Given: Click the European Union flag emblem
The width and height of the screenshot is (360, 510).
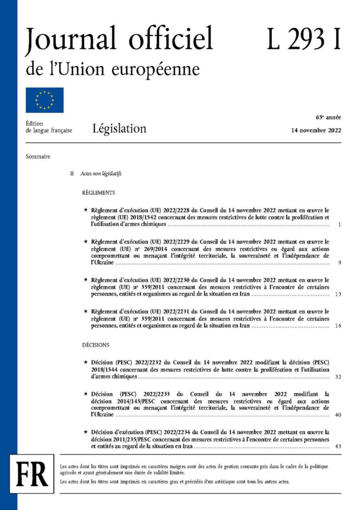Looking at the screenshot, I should coord(45,100).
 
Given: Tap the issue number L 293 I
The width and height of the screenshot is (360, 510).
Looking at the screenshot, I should coord(303,39).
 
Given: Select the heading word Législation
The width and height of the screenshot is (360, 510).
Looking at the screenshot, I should coord(119,128).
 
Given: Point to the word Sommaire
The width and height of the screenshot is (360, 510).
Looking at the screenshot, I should coord(38,157).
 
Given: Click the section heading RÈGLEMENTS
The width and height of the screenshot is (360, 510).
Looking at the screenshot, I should coord(98,193).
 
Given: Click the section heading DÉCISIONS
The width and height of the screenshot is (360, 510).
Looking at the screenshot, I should coord(96,345).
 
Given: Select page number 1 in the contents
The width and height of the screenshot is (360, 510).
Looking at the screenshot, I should coord(339,225).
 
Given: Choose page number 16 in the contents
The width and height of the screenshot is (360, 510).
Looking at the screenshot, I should coord(338,325).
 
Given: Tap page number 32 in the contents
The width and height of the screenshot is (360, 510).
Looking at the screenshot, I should coord(338,377).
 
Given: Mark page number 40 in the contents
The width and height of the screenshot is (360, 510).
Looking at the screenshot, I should coord(338,415).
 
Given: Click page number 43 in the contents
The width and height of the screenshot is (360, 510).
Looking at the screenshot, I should coord(338,446).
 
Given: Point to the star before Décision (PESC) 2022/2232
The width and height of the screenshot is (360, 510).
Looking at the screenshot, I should coord(85,363).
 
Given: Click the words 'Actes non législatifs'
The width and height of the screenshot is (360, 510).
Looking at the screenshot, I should coord(101,174).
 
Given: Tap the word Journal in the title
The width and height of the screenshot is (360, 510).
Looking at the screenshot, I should coord(67,40).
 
